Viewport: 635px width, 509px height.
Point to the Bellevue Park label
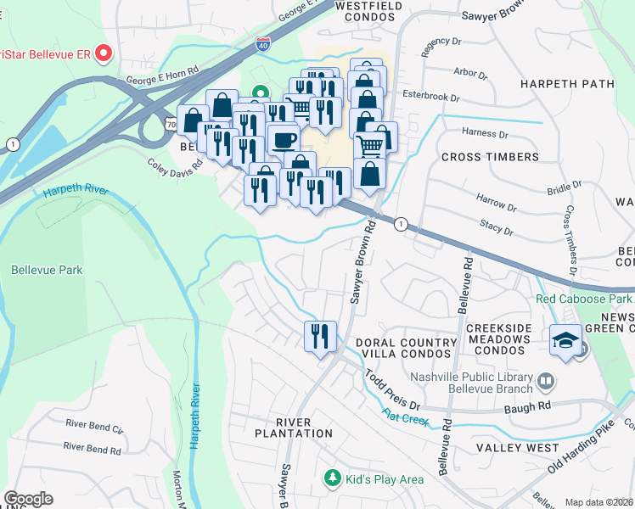point(47,270)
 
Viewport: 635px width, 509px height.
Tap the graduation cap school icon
point(565,339)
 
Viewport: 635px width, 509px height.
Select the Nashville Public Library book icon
point(546,379)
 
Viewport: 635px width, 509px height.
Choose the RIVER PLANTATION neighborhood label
point(293,433)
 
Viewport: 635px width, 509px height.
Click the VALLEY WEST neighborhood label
point(517,447)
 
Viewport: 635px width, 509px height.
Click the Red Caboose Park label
point(584,299)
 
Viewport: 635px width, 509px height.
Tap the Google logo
point(28,499)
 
